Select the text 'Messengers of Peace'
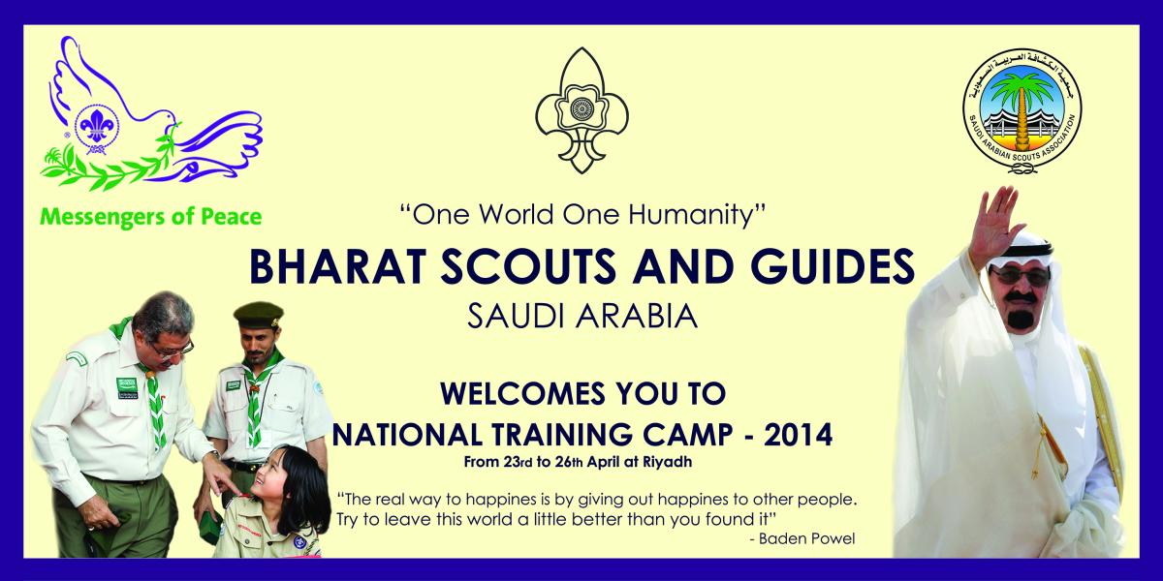tap(149, 215)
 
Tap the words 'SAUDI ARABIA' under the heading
tap(581, 315)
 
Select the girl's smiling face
tap(274, 476)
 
